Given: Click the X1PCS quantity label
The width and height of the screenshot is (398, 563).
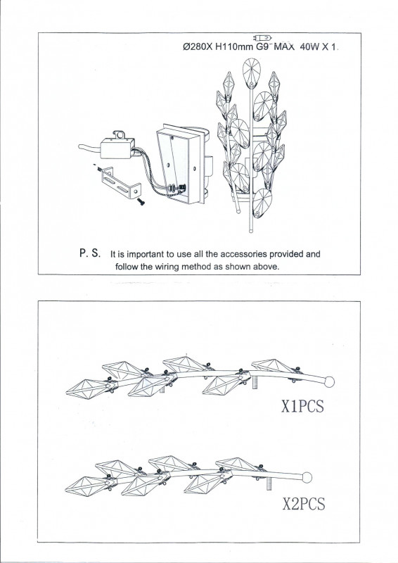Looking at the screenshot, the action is [302, 407].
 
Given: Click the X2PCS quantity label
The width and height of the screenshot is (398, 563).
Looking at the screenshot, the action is [304, 503].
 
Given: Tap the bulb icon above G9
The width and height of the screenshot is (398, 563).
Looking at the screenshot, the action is [262, 38].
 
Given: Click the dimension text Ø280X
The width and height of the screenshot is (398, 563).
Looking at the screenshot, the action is [198, 47].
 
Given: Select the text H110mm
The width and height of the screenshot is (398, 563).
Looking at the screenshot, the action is [234, 47].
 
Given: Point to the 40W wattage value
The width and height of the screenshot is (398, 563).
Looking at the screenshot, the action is [309, 47].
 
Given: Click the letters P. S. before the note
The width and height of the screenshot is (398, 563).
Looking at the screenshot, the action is [90, 253].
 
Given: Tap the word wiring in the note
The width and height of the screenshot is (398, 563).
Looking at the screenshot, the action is [167, 267].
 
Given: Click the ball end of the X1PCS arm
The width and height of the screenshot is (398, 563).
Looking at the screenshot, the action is [329, 381].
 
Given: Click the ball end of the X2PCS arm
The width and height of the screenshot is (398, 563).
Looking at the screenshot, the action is [307, 478].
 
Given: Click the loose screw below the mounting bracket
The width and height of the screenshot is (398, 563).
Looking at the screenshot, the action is [141, 202].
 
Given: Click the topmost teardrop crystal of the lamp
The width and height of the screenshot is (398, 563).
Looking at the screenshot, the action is [251, 73].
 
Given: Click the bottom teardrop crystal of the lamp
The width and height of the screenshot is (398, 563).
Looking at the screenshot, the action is [262, 203].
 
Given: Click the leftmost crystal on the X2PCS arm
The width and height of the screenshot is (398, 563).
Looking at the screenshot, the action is [88, 486].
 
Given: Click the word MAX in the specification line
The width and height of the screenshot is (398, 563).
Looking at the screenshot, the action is [284, 47].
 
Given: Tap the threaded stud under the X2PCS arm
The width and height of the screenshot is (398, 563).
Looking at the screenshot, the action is [269, 486].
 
